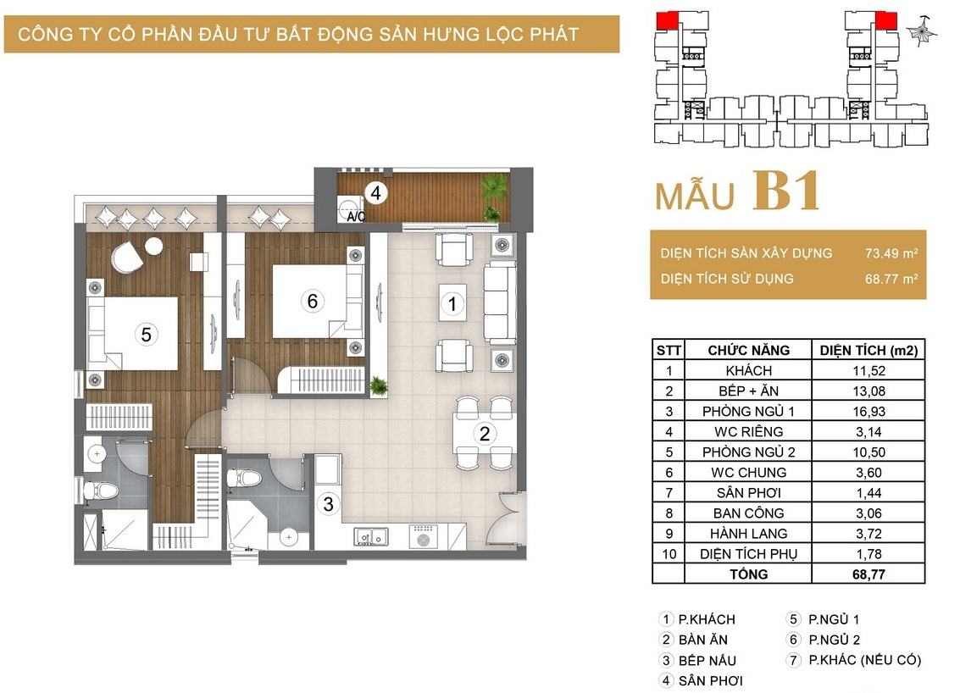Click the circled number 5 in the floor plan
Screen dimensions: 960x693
point(146,335)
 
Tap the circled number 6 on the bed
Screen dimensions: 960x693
point(313,301)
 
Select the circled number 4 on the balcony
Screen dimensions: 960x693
point(375,193)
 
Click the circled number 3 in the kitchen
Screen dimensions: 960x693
point(329,504)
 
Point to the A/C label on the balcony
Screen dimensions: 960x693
point(356,217)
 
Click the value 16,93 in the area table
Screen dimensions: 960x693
point(868,412)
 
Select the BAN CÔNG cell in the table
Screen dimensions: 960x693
point(748,513)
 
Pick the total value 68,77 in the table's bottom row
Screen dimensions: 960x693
point(868,574)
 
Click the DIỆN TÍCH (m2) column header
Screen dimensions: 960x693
point(868,350)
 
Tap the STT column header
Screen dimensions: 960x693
point(668,350)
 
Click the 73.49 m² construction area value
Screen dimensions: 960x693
point(891,252)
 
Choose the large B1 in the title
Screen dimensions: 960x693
point(786,191)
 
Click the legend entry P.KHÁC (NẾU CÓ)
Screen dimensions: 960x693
point(864,660)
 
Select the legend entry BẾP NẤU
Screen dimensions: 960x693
point(708,661)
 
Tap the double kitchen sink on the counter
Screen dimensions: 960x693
point(370,537)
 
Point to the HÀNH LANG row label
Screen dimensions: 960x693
point(748,534)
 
